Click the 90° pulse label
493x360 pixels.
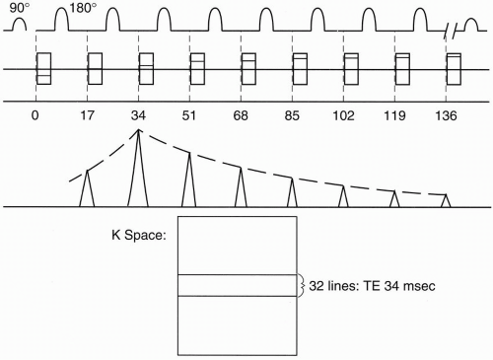click(20, 8)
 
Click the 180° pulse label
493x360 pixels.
click(83, 8)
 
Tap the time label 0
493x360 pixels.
click(35, 115)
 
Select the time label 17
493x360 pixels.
click(87, 115)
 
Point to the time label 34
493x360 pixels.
click(138, 115)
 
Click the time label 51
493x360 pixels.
click(189, 115)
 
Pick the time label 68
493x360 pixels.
click(241, 115)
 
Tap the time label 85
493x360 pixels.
click(292, 115)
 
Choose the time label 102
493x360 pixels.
click(343, 115)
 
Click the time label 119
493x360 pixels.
click(394, 115)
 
